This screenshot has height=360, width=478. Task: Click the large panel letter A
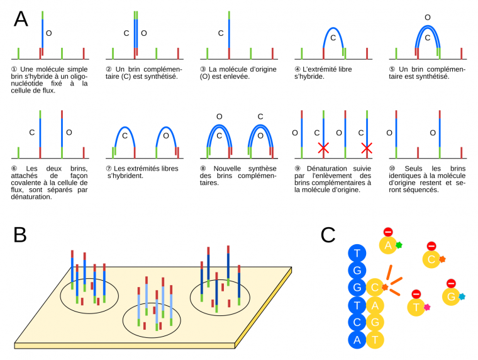click(21, 19)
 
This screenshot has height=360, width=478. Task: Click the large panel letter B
click(20, 234)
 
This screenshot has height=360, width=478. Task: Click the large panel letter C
click(328, 235)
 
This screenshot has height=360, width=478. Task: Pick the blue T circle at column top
click(357, 253)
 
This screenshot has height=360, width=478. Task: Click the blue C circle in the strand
click(357, 322)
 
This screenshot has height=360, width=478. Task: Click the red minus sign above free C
click(431, 246)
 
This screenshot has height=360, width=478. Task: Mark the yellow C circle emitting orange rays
click(375, 288)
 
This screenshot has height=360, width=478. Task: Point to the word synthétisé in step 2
click(157, 76)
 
